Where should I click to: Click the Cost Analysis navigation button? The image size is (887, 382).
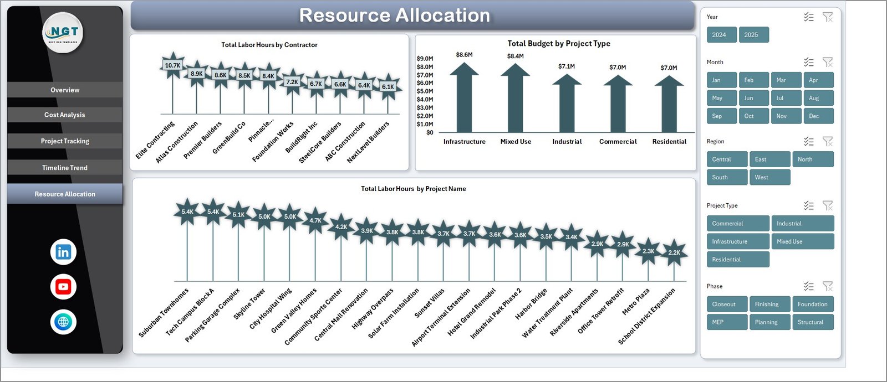click(65, 115)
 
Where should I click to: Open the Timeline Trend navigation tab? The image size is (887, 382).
click(65, 168)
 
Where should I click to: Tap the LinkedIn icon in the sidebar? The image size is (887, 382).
click(63, 252)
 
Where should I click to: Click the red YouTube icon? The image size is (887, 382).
click(63, 287)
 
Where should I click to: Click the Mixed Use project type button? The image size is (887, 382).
click(802, 241)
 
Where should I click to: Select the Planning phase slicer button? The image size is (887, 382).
click(769, 322)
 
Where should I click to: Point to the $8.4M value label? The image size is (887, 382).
click(515, 56)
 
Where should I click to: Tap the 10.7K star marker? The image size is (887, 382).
click(172, 65)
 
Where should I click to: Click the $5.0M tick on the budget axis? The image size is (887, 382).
click(425, 91)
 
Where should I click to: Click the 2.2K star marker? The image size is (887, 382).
click(674, 252)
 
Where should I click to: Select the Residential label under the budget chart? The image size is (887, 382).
click(669, 142)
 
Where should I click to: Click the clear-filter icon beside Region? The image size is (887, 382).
click(828, 141)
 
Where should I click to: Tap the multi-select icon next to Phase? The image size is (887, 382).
click(809, 286)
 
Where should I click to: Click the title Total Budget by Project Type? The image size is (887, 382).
click(558, 44)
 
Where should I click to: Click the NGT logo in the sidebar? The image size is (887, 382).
click(63, 33)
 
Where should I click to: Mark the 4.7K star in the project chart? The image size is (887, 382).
click(315, 220)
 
